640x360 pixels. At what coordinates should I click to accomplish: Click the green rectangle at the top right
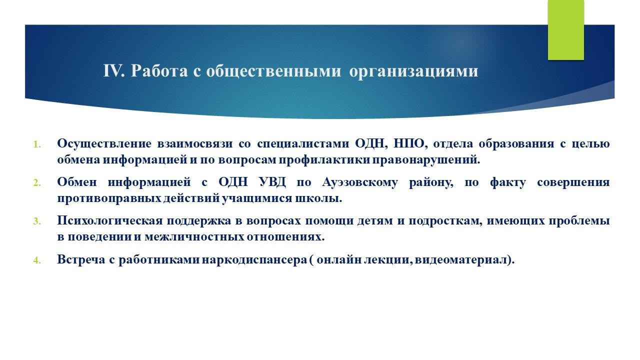[565, 30]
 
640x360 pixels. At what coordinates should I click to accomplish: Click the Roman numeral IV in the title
[114, 71]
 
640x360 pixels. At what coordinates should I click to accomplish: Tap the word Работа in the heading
[159, 71]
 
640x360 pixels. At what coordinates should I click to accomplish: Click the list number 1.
[37, 144]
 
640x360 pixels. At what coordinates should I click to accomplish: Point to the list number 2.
[37, 183]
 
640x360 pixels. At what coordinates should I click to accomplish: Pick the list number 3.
[37, 221]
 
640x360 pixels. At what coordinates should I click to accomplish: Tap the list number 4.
[37, 260]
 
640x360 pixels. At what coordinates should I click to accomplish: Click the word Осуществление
[104, 143]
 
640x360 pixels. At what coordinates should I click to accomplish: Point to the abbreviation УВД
[272, 182]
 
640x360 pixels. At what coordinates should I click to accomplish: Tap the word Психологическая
[110, 221]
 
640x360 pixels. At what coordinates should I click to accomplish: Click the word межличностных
[194, 237]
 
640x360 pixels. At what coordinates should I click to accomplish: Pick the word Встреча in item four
[81, 259]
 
